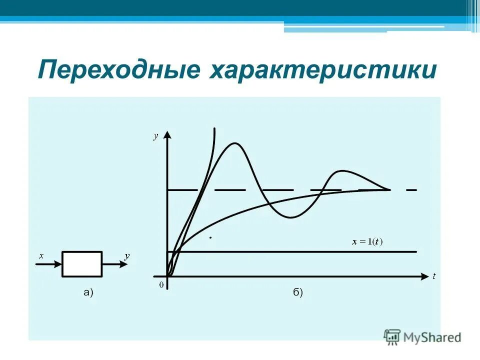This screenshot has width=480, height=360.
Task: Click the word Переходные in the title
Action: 116,70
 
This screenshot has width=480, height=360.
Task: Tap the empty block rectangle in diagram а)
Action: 82,264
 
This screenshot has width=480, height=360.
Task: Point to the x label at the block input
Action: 41,256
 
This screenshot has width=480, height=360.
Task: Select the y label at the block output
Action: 127,255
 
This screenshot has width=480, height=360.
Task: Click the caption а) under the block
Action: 88,293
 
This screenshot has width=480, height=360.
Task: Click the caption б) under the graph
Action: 298,293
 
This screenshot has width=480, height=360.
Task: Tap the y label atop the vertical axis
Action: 155,136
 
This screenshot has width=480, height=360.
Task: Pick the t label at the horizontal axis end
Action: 434,276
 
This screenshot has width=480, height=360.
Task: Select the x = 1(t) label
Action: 367,242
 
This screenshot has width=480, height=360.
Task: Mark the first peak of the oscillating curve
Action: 234,143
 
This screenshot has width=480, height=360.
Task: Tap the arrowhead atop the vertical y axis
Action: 168,135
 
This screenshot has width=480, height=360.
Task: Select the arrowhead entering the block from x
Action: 58,264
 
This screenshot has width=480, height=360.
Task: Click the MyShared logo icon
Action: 392,336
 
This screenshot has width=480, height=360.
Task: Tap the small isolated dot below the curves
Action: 210,238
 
